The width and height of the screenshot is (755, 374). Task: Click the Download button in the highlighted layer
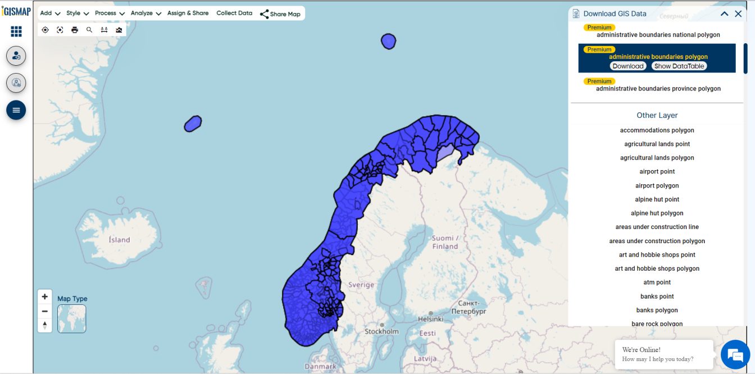click(x=628, y=66)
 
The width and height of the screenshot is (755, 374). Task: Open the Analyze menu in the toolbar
click(x=146, y=13)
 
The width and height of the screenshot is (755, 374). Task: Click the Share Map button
click(x=280, y=13)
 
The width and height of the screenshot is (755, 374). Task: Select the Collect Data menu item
click(x=234, y=13)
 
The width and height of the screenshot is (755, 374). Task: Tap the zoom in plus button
click(x=45, y=297)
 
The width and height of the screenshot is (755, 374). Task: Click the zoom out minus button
click(x=45, y=311)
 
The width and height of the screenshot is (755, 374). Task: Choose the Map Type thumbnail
click(x=71, y=318)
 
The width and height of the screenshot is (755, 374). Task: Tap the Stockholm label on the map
click(x=381, y=331)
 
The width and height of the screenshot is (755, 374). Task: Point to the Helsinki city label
click(x=430, y=318)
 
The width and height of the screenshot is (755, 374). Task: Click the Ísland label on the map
click(x=119, y=240)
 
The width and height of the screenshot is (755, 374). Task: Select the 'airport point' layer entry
click(x=657, y=172)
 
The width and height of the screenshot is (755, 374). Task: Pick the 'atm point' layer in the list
click(x=657, y=282)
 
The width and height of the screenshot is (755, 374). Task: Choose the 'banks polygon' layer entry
click(x=657, y=310)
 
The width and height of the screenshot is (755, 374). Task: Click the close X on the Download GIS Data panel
click(x=738, y=13)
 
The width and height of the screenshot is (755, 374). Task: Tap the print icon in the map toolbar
click(x=75, y=30)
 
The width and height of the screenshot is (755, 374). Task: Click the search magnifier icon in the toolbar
click(x=89, y=30)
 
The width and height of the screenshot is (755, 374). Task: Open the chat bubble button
click(x=735, y=354)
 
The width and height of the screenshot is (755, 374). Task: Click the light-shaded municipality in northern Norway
click(x=446, y=152)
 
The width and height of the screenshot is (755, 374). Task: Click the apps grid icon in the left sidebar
click(x=16, y=31)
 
